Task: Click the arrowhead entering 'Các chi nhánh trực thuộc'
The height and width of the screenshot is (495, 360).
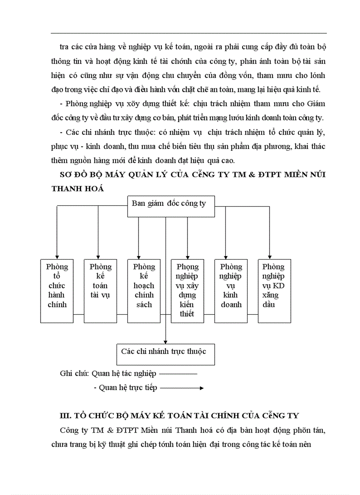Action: coord(165,342)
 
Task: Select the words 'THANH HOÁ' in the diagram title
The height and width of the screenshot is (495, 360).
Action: coord(78,188)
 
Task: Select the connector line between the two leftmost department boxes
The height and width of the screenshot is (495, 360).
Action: coord(79,314)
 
